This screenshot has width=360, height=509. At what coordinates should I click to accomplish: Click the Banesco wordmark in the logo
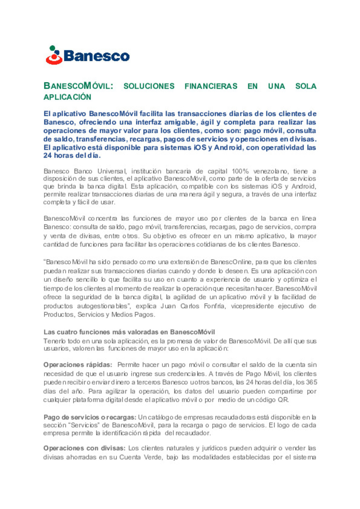[x=96, y=56]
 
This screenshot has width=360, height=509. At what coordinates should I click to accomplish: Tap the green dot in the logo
[x=52, y=48]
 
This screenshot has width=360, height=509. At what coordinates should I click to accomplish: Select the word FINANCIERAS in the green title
[x=211, y=86]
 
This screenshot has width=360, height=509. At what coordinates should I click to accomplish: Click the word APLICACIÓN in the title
[x=67, y=97]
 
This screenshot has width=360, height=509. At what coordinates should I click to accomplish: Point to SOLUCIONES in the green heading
[x=149, y=86]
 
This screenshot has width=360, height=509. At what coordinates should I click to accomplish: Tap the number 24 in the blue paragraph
[x=47, y=156]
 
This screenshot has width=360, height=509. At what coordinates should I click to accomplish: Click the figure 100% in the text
[x=240, y=171]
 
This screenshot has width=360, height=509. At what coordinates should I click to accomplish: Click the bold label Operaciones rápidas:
[x=78, y=365]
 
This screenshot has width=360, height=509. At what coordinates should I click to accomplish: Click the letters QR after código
[x=283, y=400]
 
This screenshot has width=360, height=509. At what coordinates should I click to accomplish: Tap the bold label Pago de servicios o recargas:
[x=90, y=417]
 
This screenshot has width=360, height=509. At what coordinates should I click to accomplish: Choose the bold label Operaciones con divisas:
[x=84, y=448]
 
